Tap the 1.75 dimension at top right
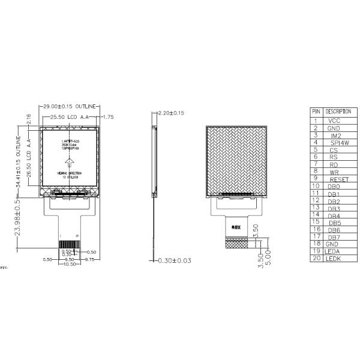(108, 117)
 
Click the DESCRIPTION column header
(338, 112)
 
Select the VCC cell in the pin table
(334, 121)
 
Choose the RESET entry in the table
(339, 179)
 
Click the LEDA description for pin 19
(332, 251)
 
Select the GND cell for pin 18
(332, 244)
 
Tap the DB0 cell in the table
(334, 187)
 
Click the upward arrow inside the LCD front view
(70, 162)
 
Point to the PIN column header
(316, 112)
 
